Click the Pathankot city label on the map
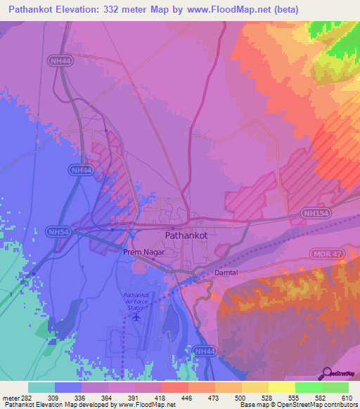pos(186,236)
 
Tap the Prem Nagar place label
pos(142,252)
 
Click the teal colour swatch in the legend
pos(41,387)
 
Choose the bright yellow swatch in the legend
pos(281,387)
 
